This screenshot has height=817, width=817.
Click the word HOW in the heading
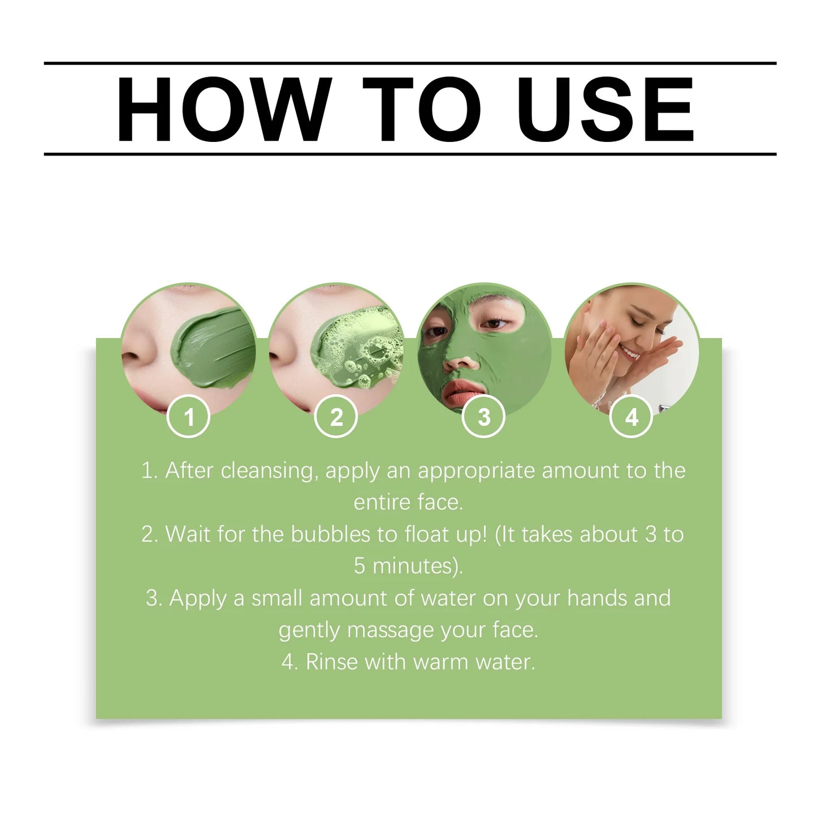click(224, 109)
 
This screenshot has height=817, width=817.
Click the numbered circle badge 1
click(189, 417)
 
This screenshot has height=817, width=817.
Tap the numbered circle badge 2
click(336, 417)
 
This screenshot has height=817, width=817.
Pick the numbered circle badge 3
click(484, 417)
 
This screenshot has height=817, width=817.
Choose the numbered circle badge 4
click(632, 417)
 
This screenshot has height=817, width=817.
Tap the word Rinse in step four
click(332, 662)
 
